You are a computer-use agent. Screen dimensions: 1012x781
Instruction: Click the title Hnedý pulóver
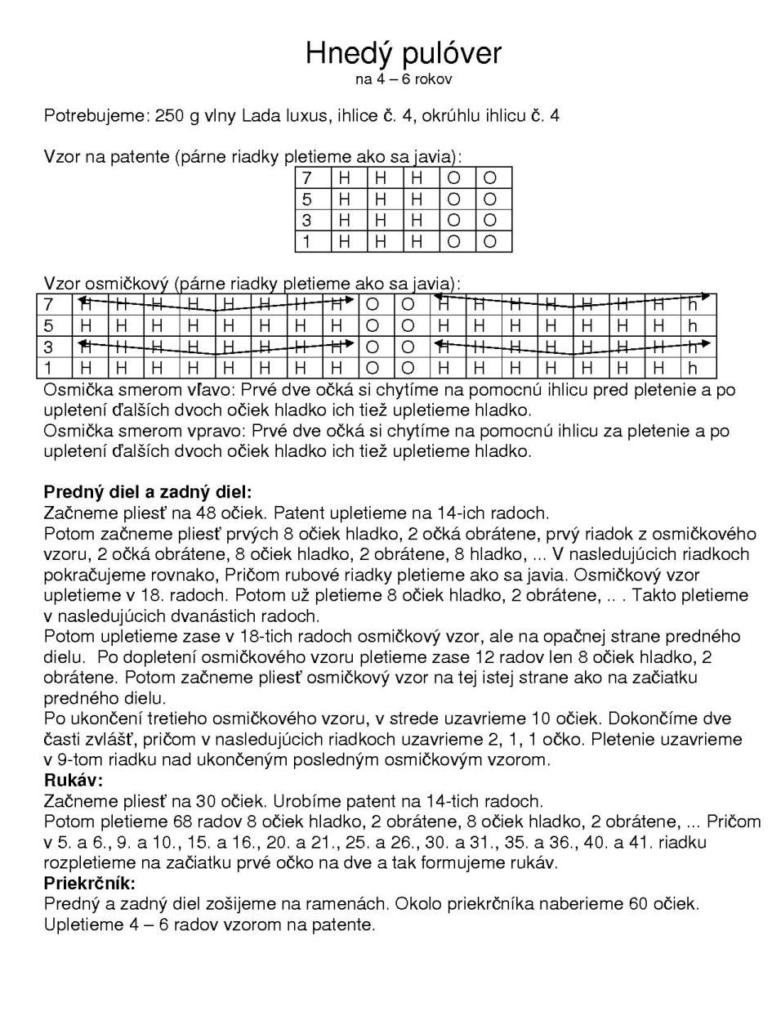point(403,53)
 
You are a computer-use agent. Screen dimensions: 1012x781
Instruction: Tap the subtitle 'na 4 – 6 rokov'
point(403,79)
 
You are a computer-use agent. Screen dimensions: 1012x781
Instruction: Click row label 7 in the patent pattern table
point(307,178)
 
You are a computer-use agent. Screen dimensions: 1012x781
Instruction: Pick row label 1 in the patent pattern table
point(307,241)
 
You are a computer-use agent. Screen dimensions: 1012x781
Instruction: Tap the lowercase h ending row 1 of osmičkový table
point(693,368)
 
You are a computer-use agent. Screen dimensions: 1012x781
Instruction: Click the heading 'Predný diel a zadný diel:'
point(148,492)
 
